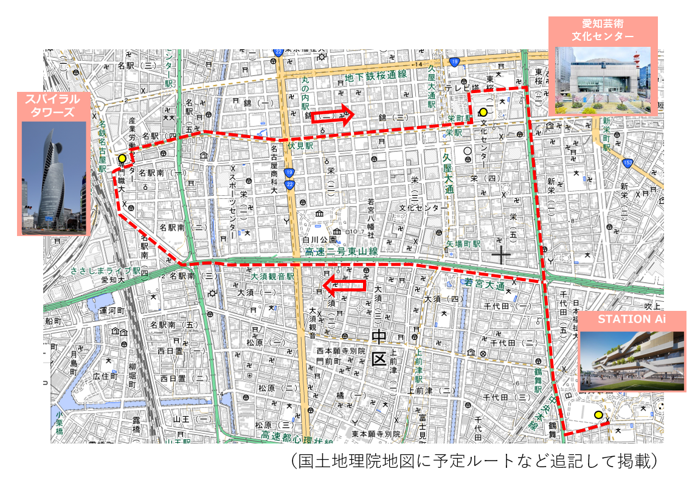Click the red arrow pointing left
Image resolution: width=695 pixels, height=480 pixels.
[344, 284]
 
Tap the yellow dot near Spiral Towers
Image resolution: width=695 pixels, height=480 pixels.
[122, 158]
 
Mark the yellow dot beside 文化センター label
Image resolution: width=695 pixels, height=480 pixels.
[483, 112]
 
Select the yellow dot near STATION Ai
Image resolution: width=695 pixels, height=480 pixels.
[598, 415]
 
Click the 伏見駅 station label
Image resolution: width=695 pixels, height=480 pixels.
[300, 146]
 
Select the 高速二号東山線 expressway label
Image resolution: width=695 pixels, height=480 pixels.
[342, 251]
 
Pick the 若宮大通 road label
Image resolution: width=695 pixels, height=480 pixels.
[484, 282]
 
